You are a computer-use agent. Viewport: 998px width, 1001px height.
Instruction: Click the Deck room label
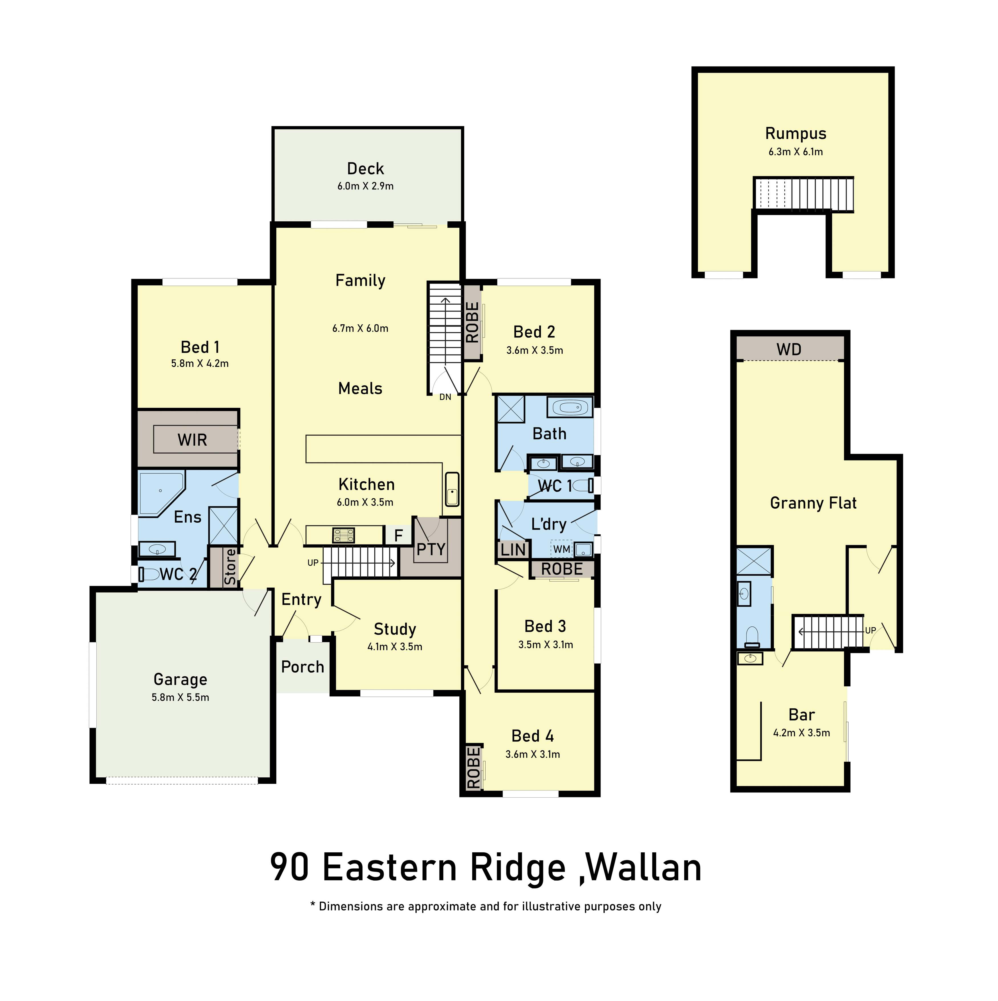[x=366, y=169]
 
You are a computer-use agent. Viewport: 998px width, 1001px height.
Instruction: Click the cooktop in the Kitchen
[x=343, y=535]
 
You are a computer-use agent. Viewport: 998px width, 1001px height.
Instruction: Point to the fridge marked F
[x=398, y=535]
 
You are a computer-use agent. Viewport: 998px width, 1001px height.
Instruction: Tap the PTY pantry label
[x=431, y=549]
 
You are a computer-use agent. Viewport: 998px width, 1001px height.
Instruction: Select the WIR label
[x=192, y=440]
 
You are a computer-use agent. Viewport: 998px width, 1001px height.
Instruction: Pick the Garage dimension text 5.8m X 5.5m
[x=180, y=697]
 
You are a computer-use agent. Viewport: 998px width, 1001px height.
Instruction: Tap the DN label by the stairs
[x=445, y=397]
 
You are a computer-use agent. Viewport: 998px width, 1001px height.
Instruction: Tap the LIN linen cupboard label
[x=513, y=550]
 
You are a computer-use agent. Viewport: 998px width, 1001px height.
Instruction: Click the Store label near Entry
[x=230, y=567]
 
